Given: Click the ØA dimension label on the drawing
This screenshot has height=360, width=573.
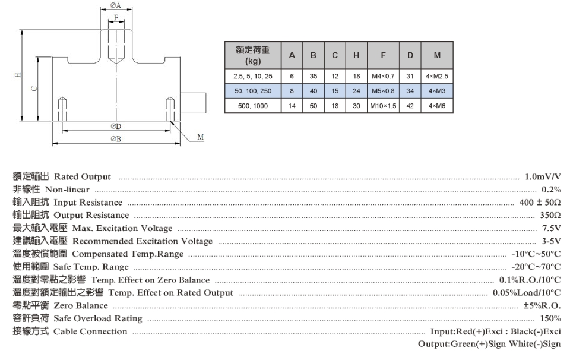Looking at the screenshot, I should click(x=116, y=6).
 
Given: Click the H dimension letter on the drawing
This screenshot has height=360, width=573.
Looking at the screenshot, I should click(x=18, y=75).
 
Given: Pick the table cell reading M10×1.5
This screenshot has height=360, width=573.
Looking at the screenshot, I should click(x=384, y=106).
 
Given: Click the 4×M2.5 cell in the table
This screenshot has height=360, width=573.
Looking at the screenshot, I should click(x=437, y=76).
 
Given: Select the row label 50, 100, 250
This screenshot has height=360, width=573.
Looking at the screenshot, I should click(x=253, y=91).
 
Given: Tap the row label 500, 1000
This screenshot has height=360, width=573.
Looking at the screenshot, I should click(x=253, y=106).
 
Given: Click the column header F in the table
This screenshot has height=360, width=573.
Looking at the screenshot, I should click(x=384, y=55).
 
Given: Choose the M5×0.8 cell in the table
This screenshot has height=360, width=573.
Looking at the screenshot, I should click(x=384, y=91).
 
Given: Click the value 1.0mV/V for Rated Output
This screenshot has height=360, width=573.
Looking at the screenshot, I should click(x=543, y=177).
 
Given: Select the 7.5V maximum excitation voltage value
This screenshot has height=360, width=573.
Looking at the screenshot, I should click(x=552, y=228).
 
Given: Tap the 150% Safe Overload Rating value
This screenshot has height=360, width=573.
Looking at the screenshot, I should click(x=552, y=318).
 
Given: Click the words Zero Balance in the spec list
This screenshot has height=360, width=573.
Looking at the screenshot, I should click(x=81, y=305).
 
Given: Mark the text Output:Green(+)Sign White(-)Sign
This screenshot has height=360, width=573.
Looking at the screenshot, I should click(x=489, y=344).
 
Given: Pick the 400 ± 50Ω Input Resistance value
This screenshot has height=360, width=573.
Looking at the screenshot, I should click(x=540, y=203).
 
